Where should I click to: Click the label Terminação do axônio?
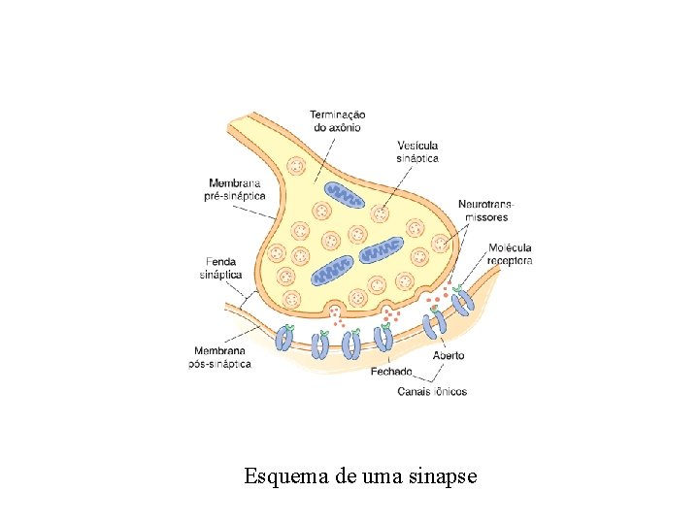tap(338, 120)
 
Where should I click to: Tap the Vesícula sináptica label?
tap(417, 151)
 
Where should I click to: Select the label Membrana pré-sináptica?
tap(236, 188)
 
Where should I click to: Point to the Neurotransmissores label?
tap(486, 211)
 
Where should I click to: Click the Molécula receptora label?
tap(511, 253)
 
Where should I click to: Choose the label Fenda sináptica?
tap(220, 268)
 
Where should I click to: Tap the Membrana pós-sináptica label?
tap(219, 357)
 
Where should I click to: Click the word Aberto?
tap(449, 355)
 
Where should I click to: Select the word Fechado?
tap(392, 372)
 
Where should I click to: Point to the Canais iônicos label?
tap(432, 392)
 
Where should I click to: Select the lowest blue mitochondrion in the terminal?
tap(333, 270)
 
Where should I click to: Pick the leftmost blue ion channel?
tap(284, 337)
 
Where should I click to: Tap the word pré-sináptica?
tap(236, 195)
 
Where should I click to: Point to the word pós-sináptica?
tap(219, 364)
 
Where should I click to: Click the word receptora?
tap(511, 260)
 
